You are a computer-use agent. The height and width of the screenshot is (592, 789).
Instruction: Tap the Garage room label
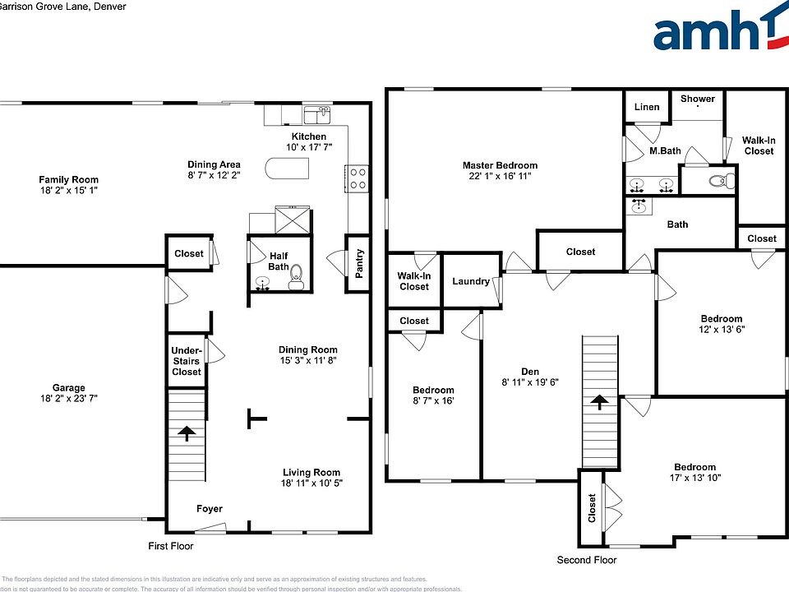point(69,388)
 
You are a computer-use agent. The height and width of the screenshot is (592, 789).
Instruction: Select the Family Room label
point(69,179)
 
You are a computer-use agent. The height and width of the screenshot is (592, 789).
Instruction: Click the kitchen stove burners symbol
point(358,178)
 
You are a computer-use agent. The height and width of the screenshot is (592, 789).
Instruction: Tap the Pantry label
point(358,264)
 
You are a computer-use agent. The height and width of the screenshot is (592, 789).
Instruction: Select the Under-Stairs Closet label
point(187,361)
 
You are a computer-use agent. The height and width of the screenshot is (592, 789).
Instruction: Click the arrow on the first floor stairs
point(187,433)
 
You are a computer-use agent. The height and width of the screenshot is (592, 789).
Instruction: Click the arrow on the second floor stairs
point(600,402)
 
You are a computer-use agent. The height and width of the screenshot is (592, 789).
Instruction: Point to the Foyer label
point(209,509)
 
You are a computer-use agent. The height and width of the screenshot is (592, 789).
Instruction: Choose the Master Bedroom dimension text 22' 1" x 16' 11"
point(500,176)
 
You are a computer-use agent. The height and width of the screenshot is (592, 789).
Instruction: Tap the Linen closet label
point(648,107)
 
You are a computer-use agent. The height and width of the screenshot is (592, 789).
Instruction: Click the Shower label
point(698,99)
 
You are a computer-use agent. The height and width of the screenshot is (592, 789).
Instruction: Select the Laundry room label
point(471,281)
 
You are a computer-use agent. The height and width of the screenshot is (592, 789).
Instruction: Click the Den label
point(529,370)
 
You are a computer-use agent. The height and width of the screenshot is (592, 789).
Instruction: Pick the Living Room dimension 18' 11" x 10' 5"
point(311,483)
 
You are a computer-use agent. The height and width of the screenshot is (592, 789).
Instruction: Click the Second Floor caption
point(587,560)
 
